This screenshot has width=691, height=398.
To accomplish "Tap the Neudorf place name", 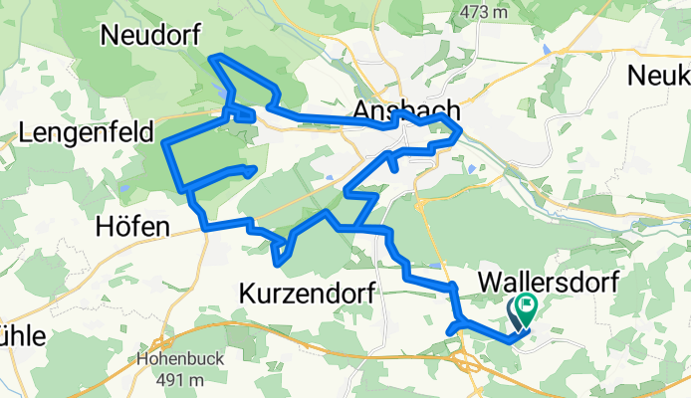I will (152, 36).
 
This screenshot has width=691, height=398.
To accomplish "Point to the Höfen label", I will (132, 226).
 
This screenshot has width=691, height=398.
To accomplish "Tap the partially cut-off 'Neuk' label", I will (660, 76).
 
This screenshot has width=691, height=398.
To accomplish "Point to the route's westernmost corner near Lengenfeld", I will (164, 143).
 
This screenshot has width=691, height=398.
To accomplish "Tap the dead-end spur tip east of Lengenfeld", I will (257, 169).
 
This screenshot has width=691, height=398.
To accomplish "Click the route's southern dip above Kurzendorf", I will (281, 263).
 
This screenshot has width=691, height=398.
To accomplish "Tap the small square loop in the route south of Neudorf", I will (243, 115).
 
